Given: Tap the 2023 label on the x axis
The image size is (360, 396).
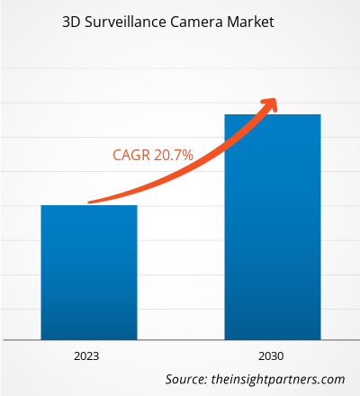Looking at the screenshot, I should point(88,356).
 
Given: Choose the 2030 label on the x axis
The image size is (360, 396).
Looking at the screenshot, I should point(272,356).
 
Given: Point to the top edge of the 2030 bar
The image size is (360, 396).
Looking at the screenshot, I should point(272,114).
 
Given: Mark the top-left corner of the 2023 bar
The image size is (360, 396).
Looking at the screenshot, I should point(40,206).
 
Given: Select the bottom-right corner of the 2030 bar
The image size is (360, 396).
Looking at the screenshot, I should point(320,338).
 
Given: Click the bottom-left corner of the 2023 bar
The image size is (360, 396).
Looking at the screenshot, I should point(40,338).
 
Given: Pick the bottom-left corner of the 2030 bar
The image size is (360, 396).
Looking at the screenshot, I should point(224,338).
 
